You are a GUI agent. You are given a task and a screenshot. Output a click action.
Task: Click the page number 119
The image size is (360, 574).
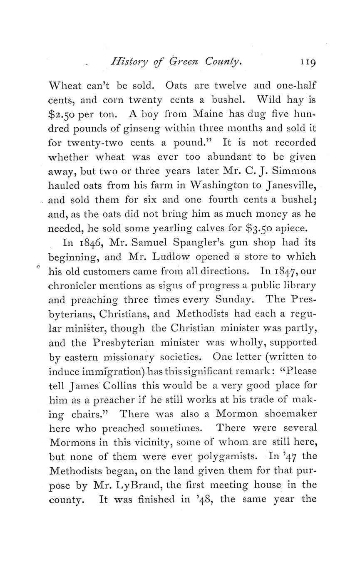coord(307,62)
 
